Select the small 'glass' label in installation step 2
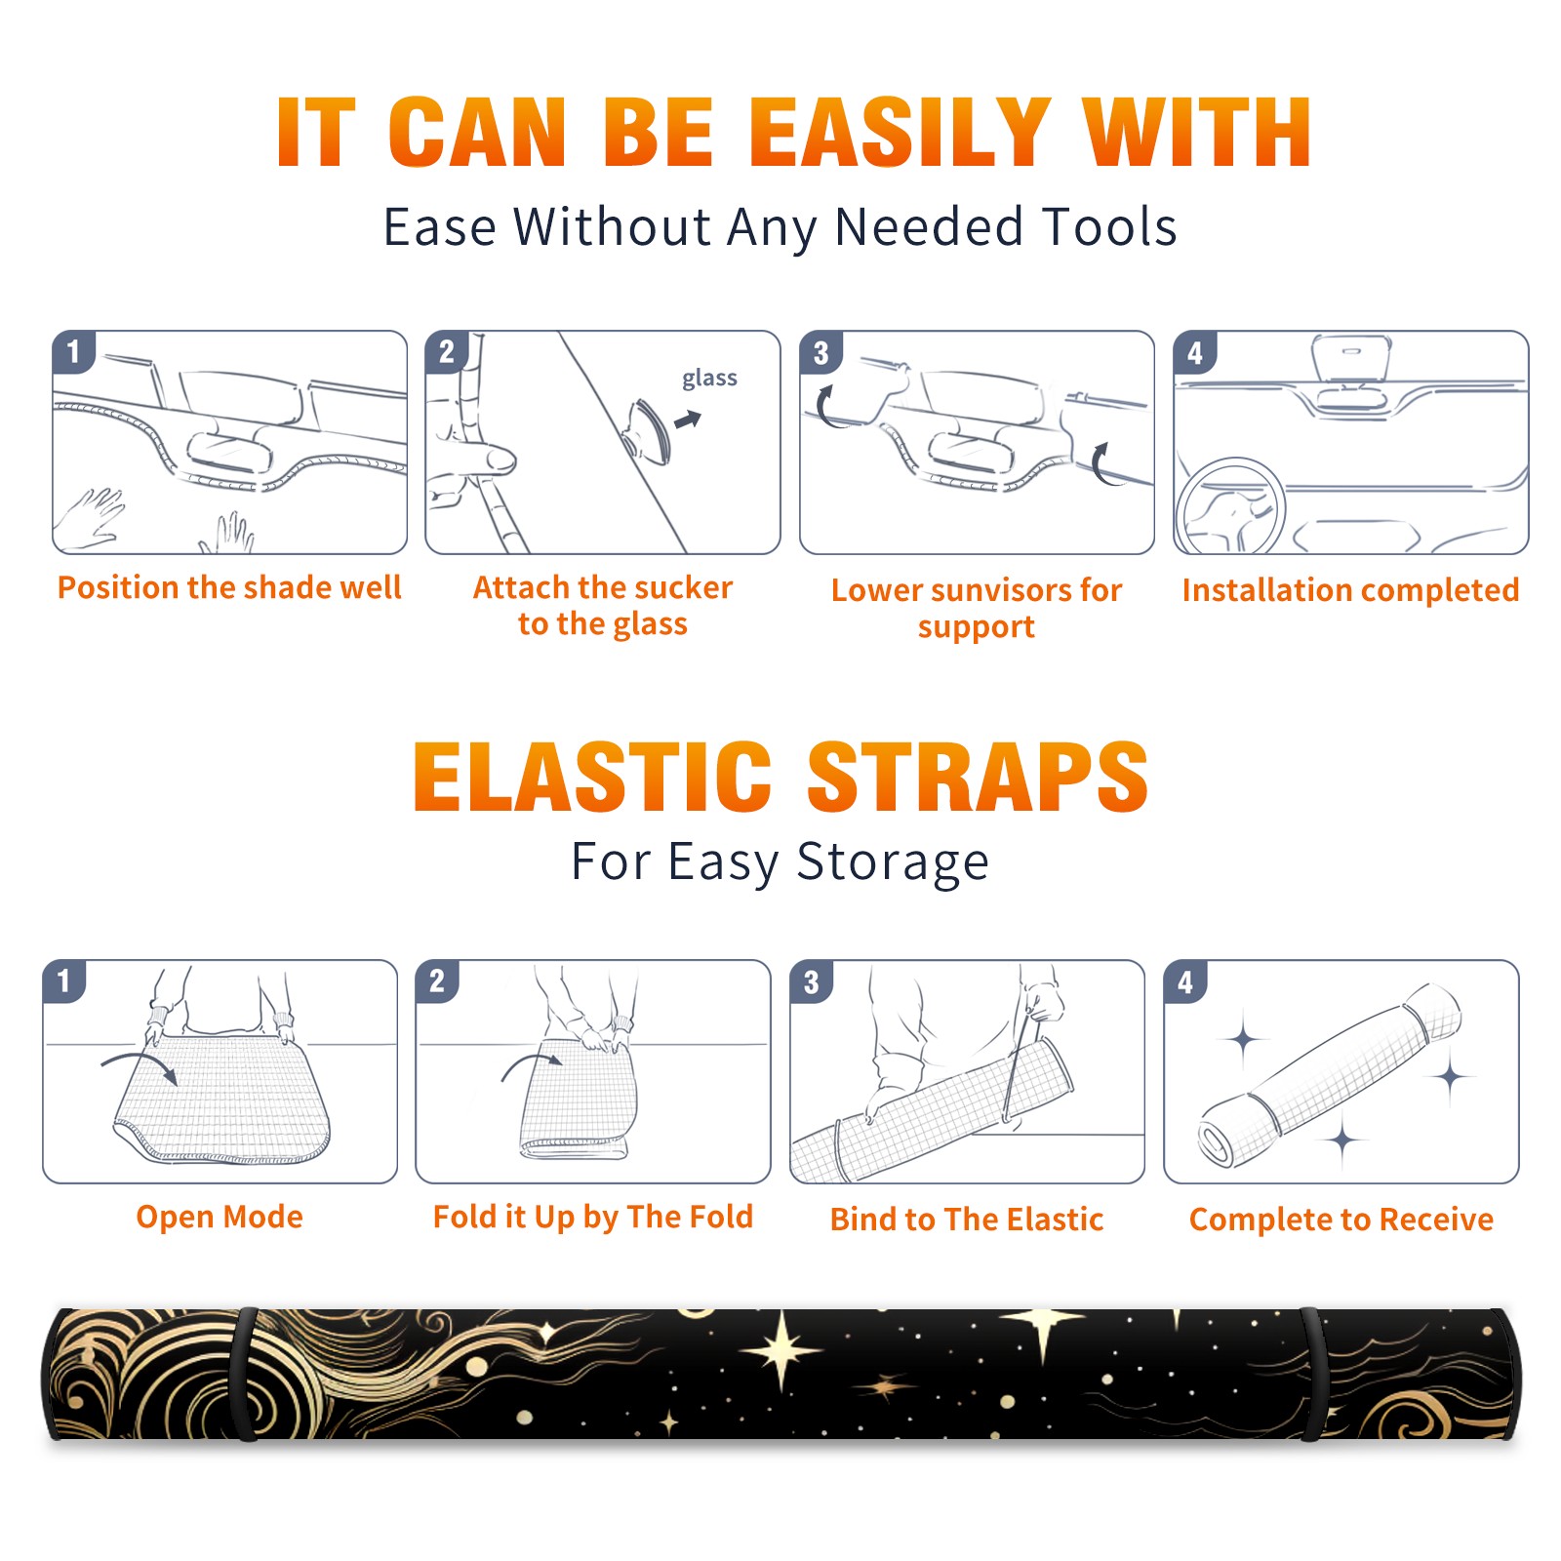[x=709, y=379]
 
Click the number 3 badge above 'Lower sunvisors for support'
[x=821, y=353]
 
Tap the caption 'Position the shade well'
[x=229, y=587]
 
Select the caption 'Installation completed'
[x=1350, y=590]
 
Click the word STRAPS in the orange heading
[x=978, y=777]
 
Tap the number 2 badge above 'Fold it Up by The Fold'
[x=436, y=981]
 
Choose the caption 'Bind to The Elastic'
[x=967, y=1220]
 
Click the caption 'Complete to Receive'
[x=1341, y=1220]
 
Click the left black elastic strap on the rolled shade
[x=246, y=1374]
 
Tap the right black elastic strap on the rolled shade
[x=1312, y=1374]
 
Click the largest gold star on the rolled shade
[x=781, y=1352]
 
